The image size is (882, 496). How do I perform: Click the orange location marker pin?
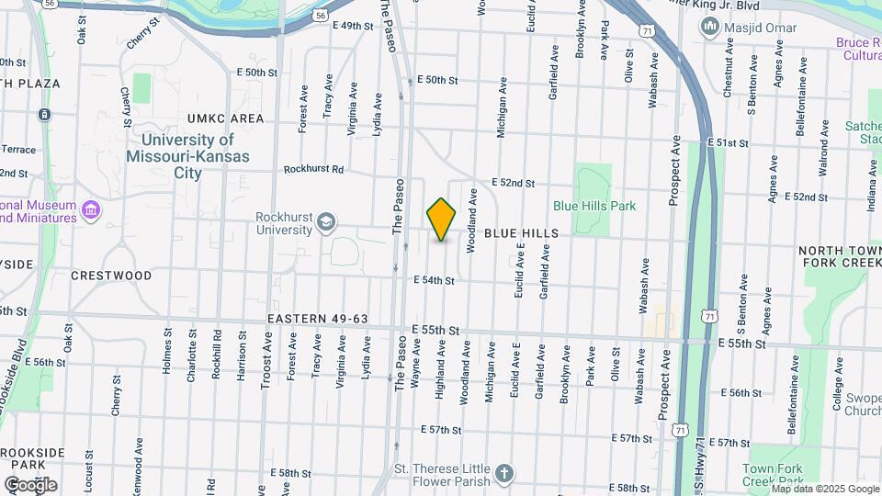(442, 220)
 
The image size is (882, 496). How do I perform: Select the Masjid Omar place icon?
(709, 28)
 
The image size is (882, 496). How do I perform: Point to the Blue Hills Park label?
(594, 206)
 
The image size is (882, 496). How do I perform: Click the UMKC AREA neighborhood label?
(225, 118)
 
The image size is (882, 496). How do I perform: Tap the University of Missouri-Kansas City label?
(188, 156)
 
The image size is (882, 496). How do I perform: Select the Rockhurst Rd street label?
(313, 169)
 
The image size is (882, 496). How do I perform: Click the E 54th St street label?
(435, 280)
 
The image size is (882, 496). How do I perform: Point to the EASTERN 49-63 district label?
(318, 319)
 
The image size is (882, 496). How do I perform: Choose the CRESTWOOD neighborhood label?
(111, 276)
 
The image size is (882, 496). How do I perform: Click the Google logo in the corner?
(30, 484)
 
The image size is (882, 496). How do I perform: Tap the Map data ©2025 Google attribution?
(825, 490)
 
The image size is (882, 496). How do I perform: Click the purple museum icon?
(91, 211)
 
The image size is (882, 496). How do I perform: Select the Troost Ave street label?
(266, 360)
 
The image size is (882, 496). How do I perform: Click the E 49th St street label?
(354, 26)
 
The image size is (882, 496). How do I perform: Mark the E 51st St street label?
(730, 143)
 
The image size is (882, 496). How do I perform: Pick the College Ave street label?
(838, 391)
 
